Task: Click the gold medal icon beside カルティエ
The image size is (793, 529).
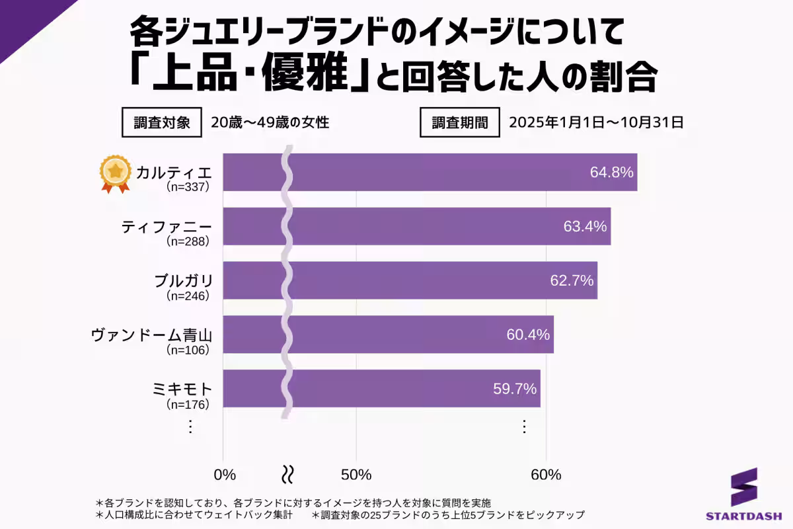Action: (116, 173)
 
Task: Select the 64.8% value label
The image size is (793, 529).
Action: (611, 173)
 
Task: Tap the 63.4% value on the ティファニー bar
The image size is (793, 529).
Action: (585, 227)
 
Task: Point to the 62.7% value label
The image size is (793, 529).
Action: (572, 280)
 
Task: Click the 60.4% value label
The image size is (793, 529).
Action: (528, 335)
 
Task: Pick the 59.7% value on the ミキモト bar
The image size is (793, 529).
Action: (515, 389)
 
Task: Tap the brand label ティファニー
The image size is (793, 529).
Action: (167, 227)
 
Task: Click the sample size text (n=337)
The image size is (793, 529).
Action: (188, 187)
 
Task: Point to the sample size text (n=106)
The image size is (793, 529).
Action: (188, 349)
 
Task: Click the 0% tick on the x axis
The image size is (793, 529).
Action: (225, 475)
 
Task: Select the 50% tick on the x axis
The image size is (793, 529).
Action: (356, 475)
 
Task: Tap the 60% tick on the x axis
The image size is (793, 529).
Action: (547, 475)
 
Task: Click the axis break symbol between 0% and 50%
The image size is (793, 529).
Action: (288, 474)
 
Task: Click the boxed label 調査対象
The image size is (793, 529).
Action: (162, 122)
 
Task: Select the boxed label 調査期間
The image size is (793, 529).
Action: (460, 122)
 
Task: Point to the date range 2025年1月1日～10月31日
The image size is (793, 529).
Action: (595, 122)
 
